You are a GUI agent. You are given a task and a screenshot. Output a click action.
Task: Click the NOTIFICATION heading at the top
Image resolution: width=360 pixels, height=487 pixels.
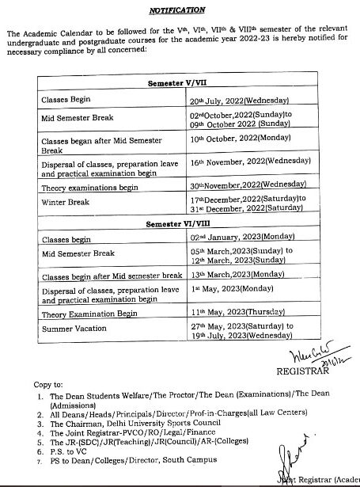[178, 10]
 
